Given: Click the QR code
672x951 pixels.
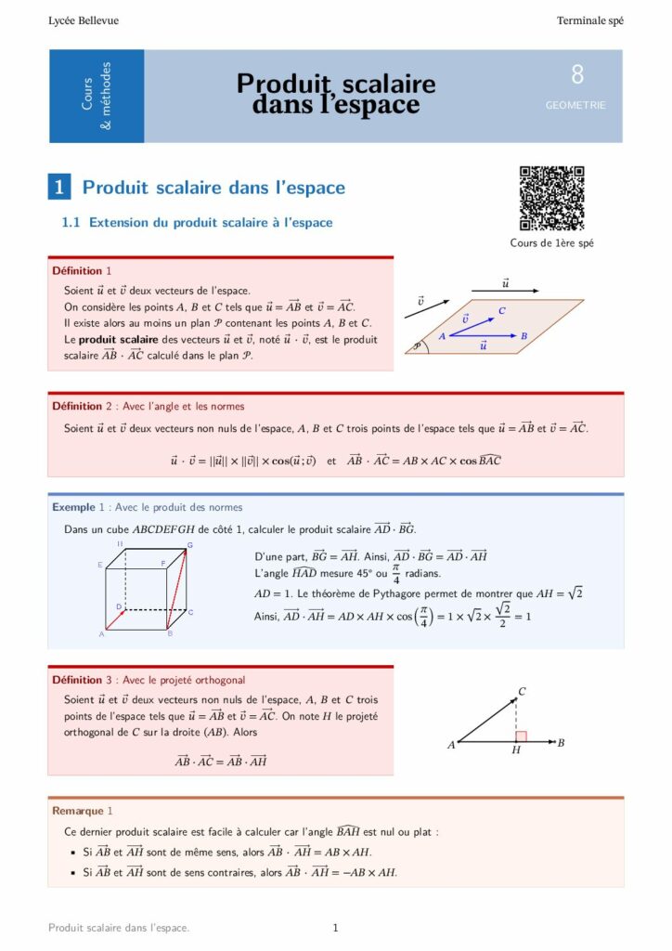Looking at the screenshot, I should pos(551,198).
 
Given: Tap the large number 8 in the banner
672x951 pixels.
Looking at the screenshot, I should pos(577,76).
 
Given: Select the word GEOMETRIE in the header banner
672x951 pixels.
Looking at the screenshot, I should pos(575,106).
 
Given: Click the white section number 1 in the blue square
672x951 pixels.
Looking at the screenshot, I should pos(59,188).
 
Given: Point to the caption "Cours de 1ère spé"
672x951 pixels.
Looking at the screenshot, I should pos(551,243).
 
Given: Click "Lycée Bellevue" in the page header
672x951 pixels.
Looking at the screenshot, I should pos(84,20).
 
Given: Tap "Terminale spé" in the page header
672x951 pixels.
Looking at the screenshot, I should pos(590,20).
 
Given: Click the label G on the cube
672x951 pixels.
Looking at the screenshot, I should pos(189,545).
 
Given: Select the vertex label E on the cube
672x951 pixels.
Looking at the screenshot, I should pos(100,565).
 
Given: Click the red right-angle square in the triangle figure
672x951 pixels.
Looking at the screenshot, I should pos(521,736).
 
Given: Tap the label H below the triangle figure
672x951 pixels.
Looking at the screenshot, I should pos(516,750).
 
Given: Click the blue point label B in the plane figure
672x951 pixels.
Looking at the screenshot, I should pos(524,335).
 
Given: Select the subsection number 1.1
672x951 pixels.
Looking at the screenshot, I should pos(71,223).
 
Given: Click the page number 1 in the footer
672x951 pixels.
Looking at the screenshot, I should pos(335,927).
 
